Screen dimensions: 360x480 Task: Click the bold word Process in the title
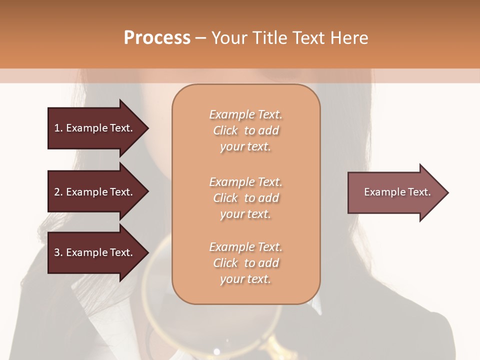[157, 38]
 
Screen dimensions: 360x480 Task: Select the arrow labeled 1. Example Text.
[95, 128]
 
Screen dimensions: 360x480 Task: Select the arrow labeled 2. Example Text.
[95, 192]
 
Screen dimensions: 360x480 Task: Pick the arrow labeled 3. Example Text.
[95, 252]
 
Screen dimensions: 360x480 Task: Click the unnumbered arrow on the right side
[395, 192]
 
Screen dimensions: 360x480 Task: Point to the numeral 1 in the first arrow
[57, 128]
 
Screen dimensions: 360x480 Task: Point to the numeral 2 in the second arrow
[57, 192]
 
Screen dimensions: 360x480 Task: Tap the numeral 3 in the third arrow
[57, 252]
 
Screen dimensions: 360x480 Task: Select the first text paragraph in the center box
[245, 130]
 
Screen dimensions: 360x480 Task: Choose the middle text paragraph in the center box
[245, 198]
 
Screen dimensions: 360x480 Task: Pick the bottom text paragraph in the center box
[245, 263]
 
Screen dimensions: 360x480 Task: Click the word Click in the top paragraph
[225, 130]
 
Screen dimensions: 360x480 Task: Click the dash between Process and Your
[201, 38]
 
